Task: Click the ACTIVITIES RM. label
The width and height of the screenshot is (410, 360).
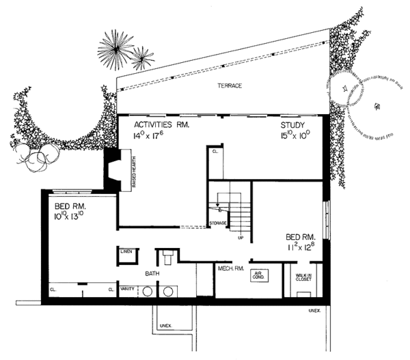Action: point(161,126)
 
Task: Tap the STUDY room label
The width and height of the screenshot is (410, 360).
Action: point(296,126)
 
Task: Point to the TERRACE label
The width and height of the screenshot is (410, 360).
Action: point(230,85)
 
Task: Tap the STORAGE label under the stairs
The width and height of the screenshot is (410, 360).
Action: point(218,223)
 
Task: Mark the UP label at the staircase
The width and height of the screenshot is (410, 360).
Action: point(241,238)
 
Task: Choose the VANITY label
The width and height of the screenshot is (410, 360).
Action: point(126,289)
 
